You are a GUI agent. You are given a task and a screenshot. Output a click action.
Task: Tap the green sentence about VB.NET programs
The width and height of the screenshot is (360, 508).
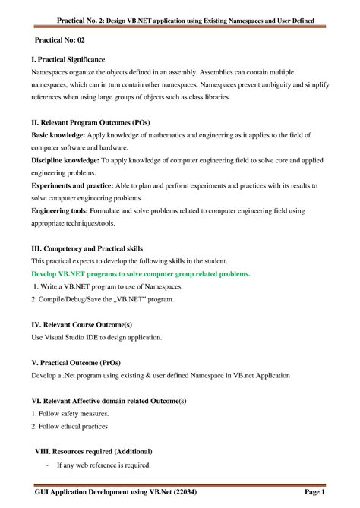click(x=141, y=273)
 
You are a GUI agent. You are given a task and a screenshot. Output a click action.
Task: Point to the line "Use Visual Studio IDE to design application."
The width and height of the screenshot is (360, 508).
click(x=96, y=336)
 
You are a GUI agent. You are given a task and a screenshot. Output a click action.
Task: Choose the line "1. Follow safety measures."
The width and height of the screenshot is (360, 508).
click(x=70, y=414)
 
